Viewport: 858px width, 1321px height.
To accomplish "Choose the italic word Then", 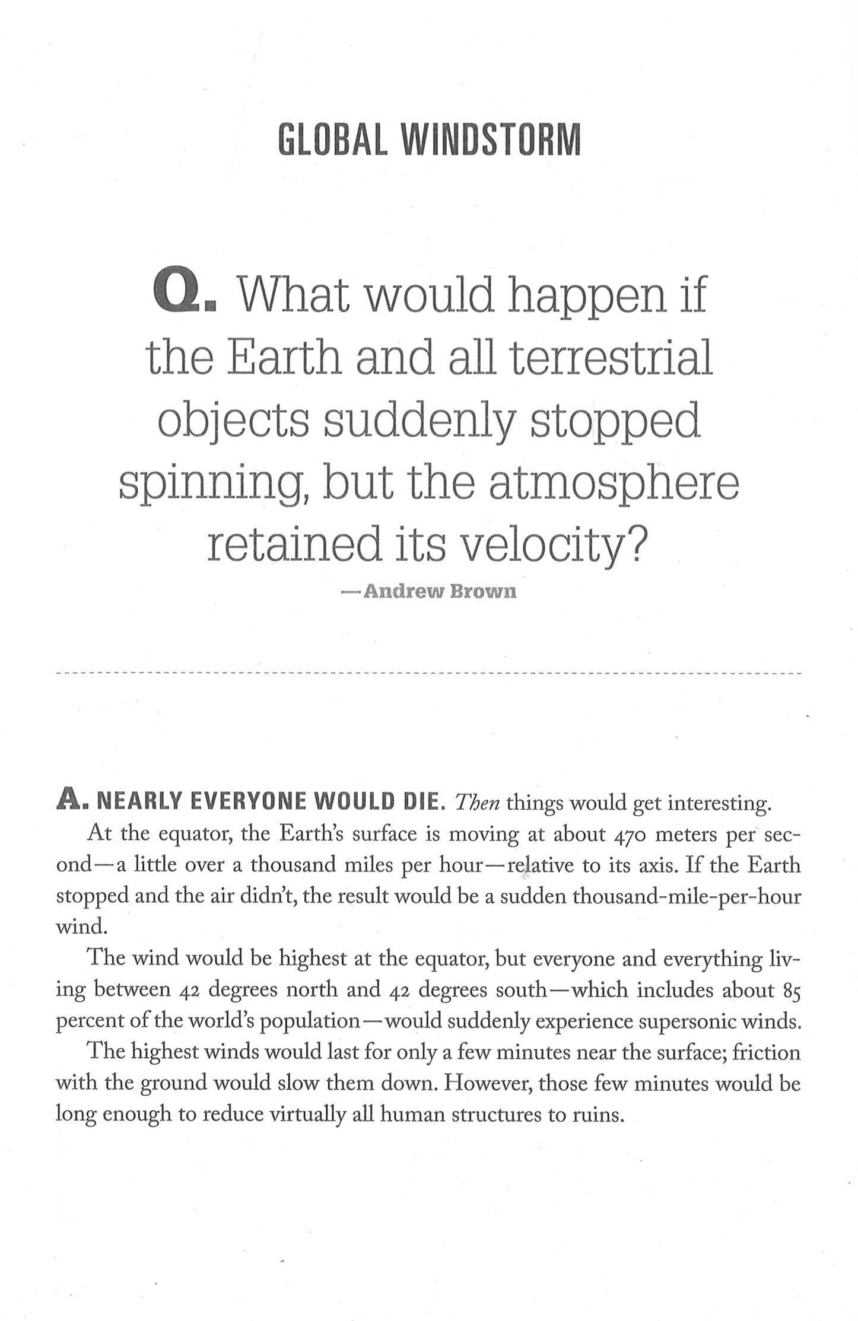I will pyautogui.click(x=478, y=803).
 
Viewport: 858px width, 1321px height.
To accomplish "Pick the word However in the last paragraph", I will pyautogui.click(x=488, y=1083).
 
